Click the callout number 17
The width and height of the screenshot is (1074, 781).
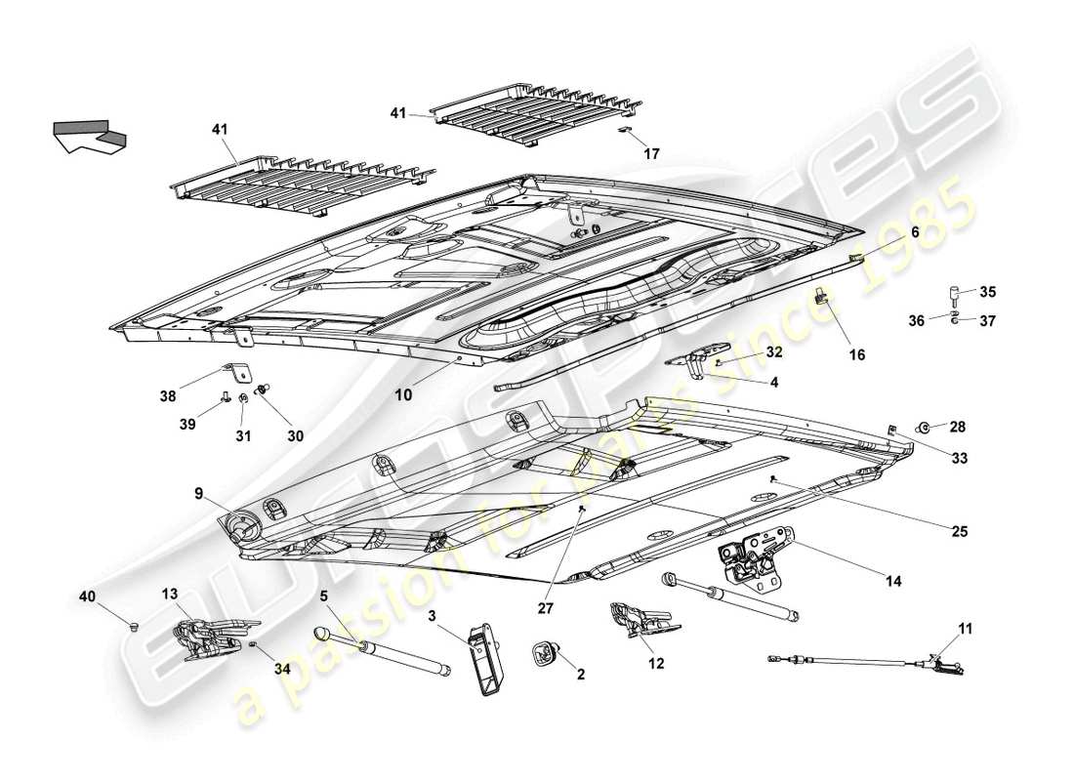click(x=651, y=153)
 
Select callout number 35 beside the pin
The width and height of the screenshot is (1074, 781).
click(x=988, y=292)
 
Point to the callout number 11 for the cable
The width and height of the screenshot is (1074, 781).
click(x=965, y=630)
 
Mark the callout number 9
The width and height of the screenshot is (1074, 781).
click(x=198, y=495)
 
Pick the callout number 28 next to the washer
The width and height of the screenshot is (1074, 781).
click(x=957, y=427)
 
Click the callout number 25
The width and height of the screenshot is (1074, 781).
click(x=960, y=531)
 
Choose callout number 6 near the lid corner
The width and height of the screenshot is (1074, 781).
click(x=915, y=232)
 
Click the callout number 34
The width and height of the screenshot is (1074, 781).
click(x=282, y=669)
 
